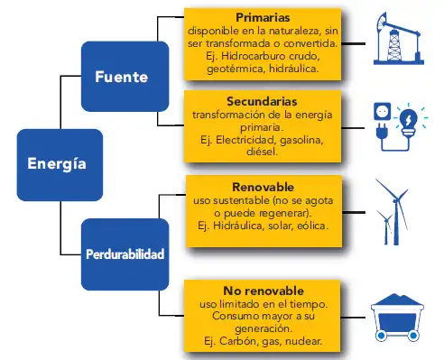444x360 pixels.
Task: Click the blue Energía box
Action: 56,164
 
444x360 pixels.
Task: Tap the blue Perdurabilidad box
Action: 125,254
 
